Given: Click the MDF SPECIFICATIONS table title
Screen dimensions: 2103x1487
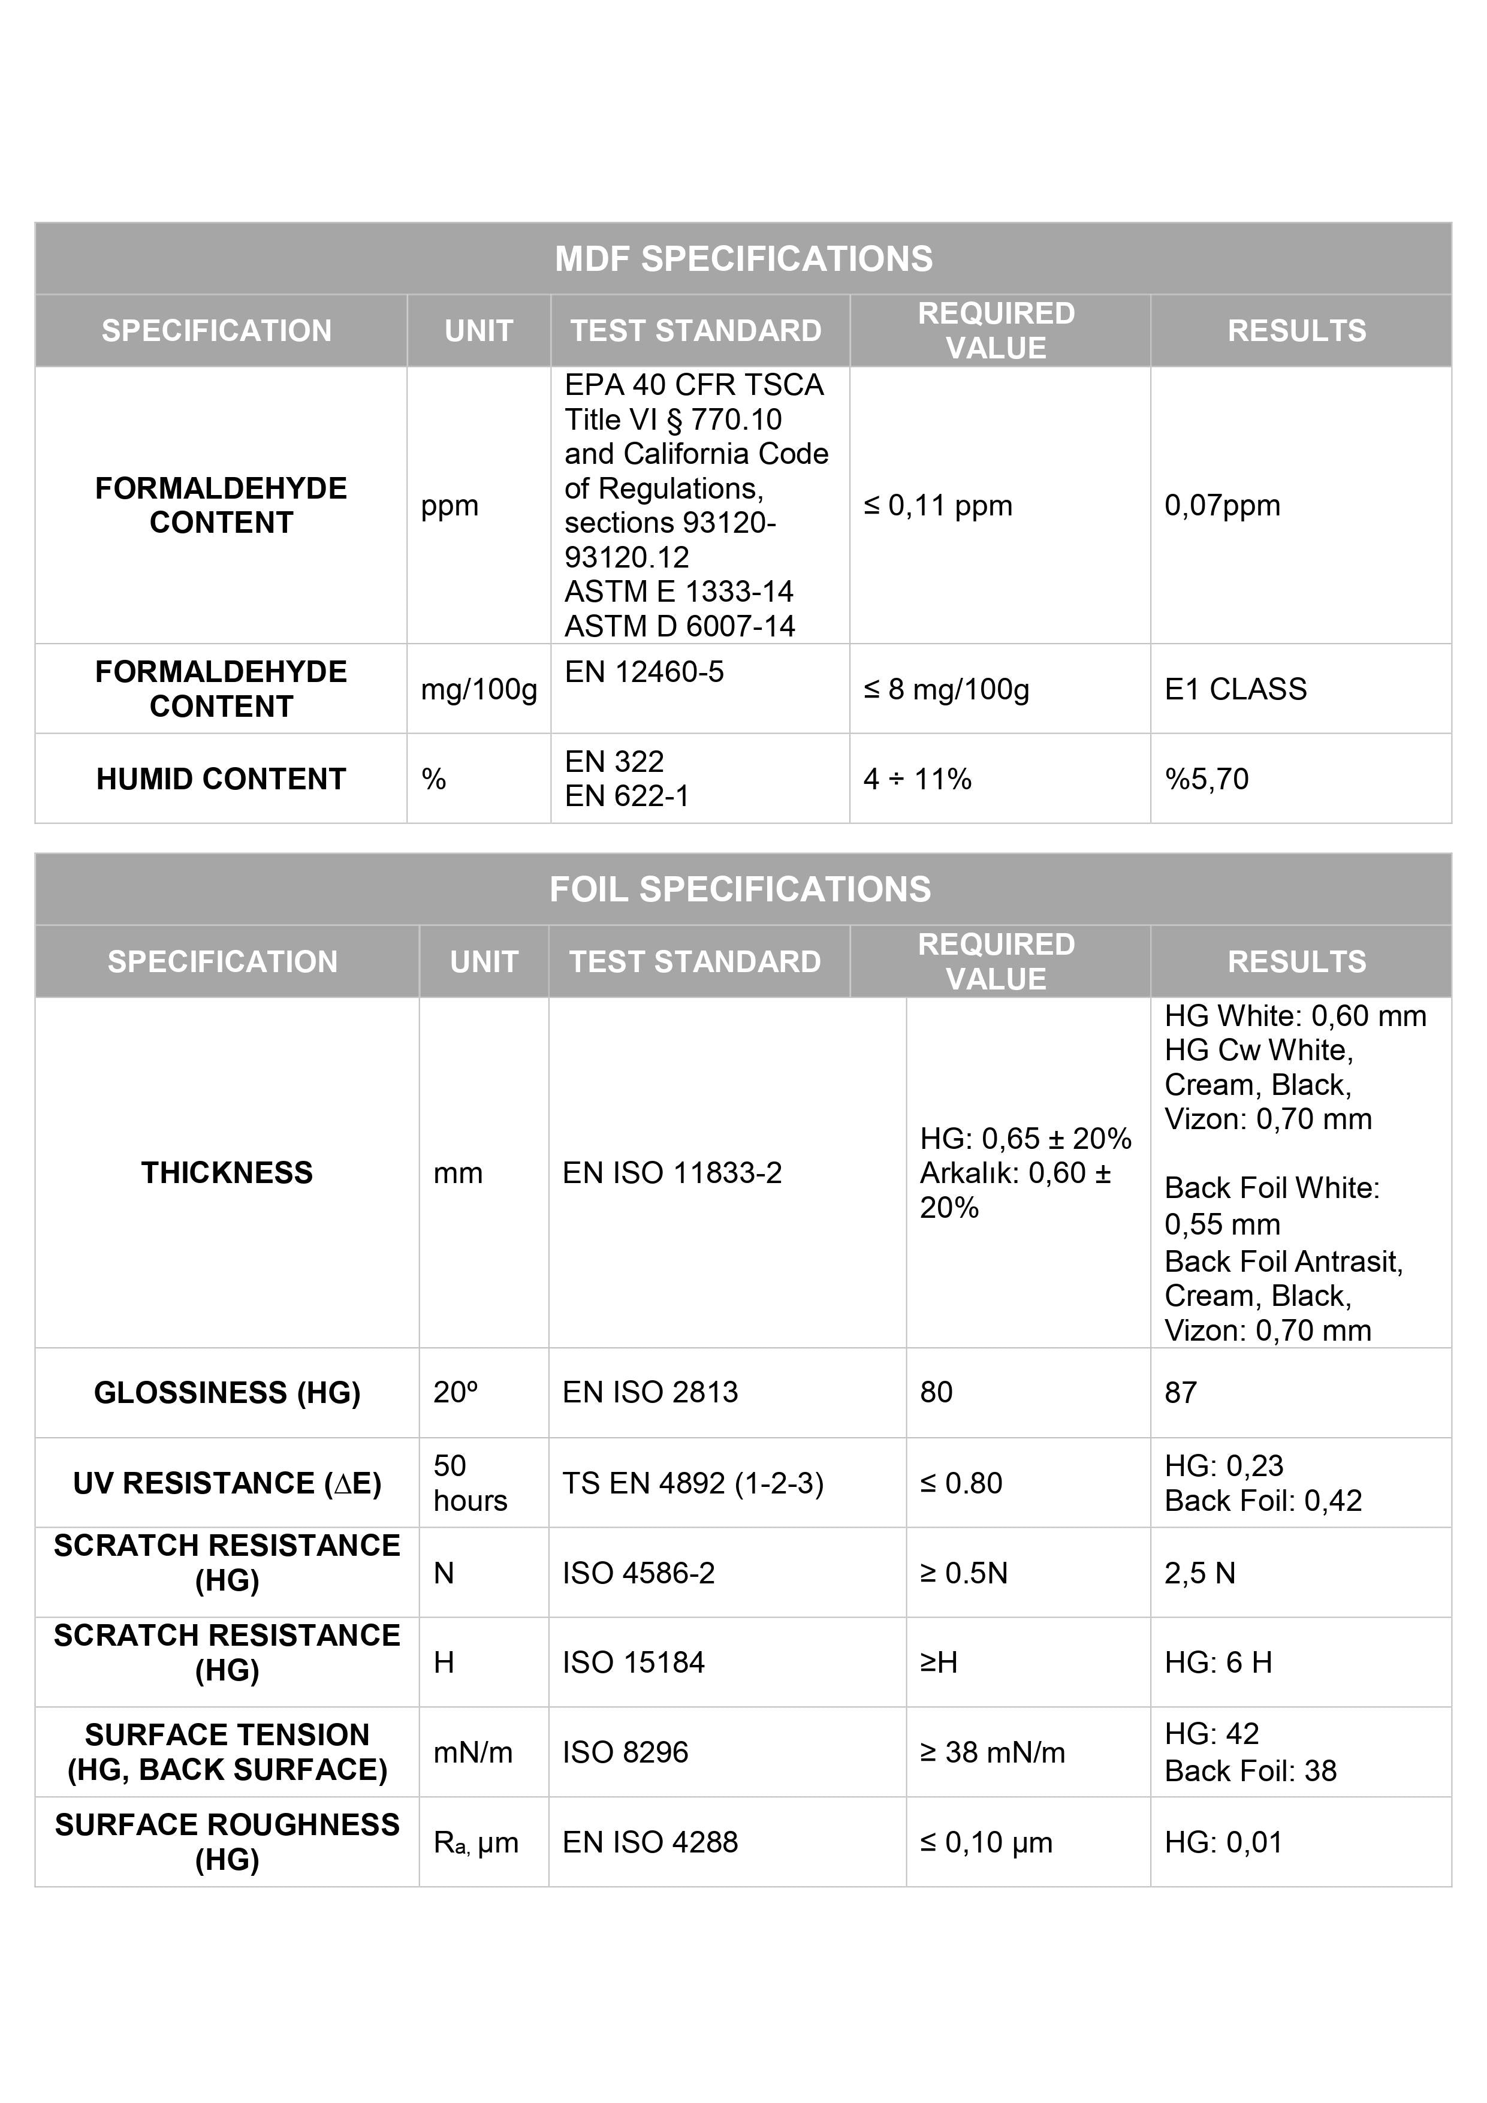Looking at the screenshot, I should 743,260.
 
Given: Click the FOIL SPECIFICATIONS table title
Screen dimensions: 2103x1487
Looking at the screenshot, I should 740,889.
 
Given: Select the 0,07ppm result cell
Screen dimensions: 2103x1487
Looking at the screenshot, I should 1221,506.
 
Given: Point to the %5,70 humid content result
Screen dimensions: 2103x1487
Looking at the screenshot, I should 1206,780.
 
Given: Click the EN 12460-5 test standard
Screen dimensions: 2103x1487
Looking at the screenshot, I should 644,672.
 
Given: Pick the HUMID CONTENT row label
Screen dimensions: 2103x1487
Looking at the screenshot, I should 221,780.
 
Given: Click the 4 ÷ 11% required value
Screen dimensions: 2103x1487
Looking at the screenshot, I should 916,780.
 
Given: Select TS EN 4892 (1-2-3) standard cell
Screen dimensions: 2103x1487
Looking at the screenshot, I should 693,1483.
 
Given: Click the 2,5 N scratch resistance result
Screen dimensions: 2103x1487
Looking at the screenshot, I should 1199,1573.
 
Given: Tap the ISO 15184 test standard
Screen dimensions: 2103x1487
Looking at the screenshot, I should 633,1663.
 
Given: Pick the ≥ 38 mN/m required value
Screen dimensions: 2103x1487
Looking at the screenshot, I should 993,1752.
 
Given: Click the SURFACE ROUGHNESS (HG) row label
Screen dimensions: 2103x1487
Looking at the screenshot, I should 227,1842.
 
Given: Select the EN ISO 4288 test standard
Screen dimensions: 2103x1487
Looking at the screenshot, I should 650,1842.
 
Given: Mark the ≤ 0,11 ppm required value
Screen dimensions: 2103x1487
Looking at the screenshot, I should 937,506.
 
